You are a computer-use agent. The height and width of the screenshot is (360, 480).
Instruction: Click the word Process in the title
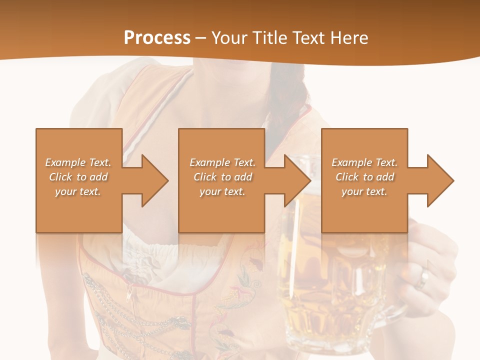coord(157,38)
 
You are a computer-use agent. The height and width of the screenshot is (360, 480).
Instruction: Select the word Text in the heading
coord(309,38)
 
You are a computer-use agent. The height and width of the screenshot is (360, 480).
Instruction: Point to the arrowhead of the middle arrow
coord(297,180)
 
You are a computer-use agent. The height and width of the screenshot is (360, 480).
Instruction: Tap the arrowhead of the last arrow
coord(440,180)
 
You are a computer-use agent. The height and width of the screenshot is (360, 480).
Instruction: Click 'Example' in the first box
coord(65,162)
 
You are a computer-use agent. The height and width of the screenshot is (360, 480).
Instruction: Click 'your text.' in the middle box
coord(222,191)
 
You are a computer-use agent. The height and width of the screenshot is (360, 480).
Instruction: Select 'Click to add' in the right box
coord(364,177)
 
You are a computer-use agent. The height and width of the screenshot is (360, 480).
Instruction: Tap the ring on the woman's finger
coord(424,278)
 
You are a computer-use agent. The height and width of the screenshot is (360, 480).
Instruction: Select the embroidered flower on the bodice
coord(245,280)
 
